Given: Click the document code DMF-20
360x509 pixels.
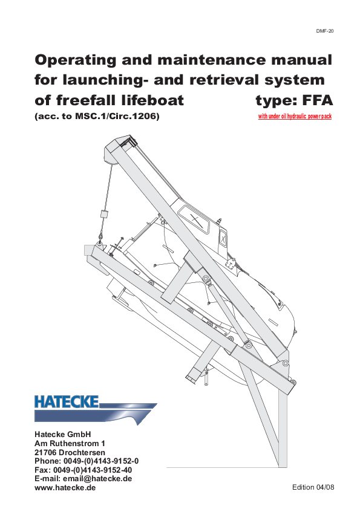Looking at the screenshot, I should (x=325, y=30).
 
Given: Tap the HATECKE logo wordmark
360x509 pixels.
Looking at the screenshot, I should (x=67, y=401).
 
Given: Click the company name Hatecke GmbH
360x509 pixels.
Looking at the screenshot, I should (x=62, y=434).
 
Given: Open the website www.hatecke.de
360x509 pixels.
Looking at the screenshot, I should (x=65, y=487).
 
